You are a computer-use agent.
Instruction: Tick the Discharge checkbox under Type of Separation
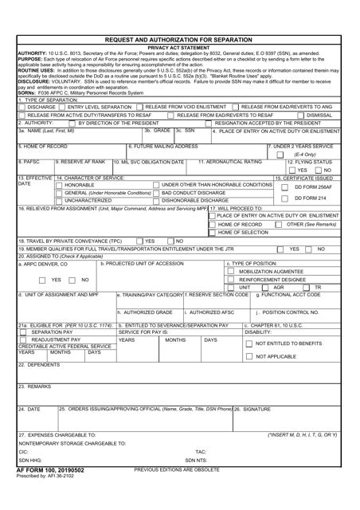[x=23, y=106]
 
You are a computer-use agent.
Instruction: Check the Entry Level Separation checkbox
[x=63, y=106]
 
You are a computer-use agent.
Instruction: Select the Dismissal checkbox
[x=299, y=115]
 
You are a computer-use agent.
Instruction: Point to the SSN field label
[x=191, y=130]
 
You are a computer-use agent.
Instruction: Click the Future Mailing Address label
[x=166, y=147]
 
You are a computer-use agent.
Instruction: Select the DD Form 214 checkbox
[x=288, y=198]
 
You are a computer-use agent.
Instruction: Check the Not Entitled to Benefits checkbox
[x=249, y=343]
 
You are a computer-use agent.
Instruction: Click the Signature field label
[x=256, y=409]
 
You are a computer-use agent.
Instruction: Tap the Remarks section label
[x=35, y=386]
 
